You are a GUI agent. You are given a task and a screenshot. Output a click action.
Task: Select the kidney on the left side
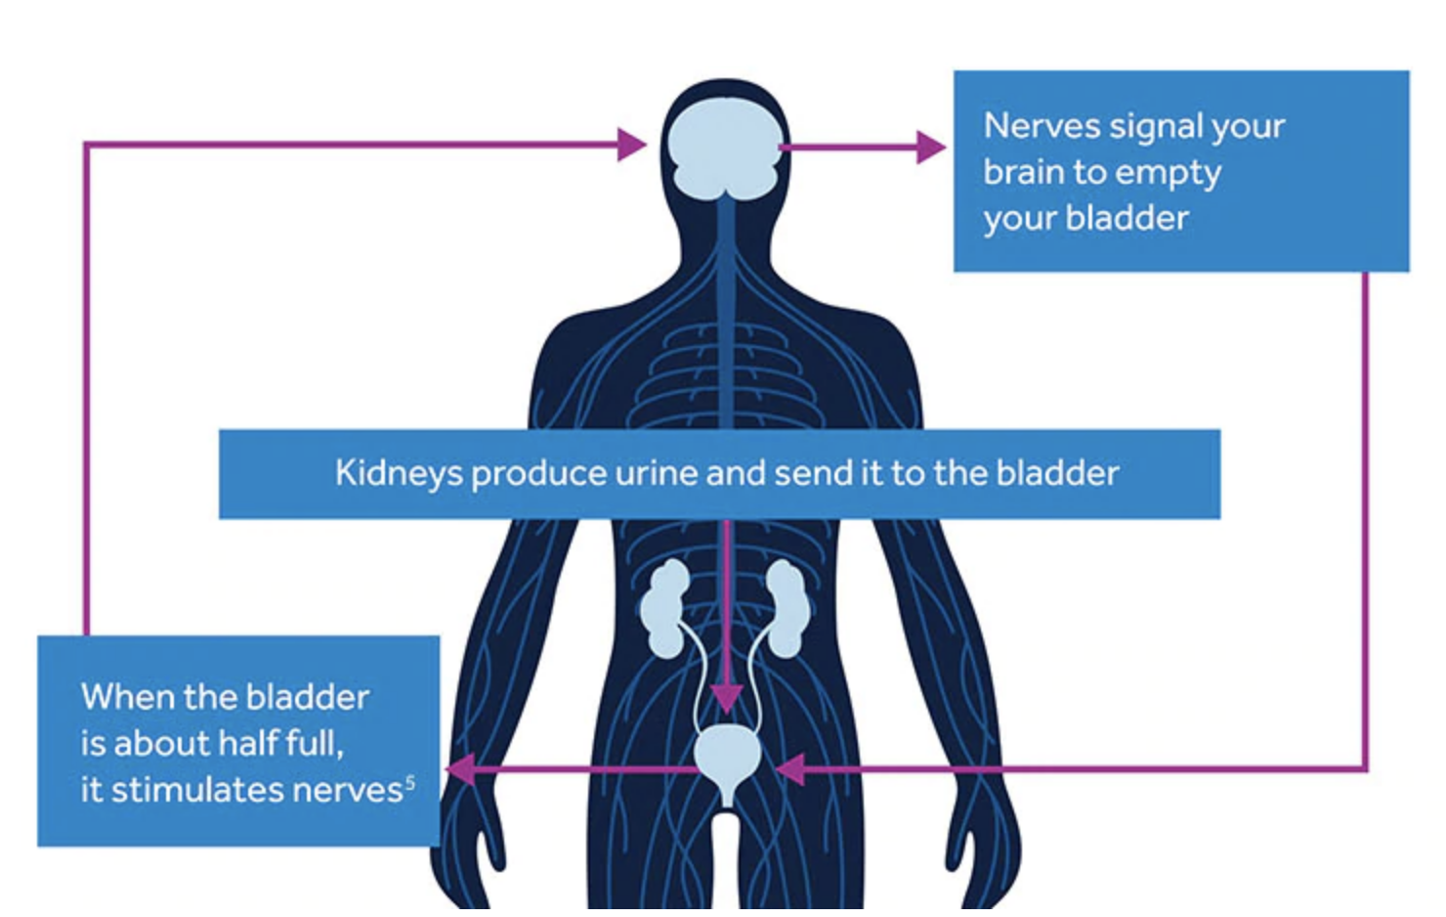tap(665, 609)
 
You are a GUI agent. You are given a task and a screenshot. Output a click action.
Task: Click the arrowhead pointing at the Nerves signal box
tap(931, 148)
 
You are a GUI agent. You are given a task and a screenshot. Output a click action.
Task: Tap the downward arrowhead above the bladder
tap(726, 697)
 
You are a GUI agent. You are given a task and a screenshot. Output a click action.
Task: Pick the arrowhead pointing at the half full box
tap(461, 769)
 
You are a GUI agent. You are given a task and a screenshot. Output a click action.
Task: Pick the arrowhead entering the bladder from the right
tap(790, 769)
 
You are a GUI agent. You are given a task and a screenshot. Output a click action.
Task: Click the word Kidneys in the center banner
tap(398, 474)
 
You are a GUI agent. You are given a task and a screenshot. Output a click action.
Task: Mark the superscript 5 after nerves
tap(410, 781)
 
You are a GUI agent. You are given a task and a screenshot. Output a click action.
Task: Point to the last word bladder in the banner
tap(1057, 474)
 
